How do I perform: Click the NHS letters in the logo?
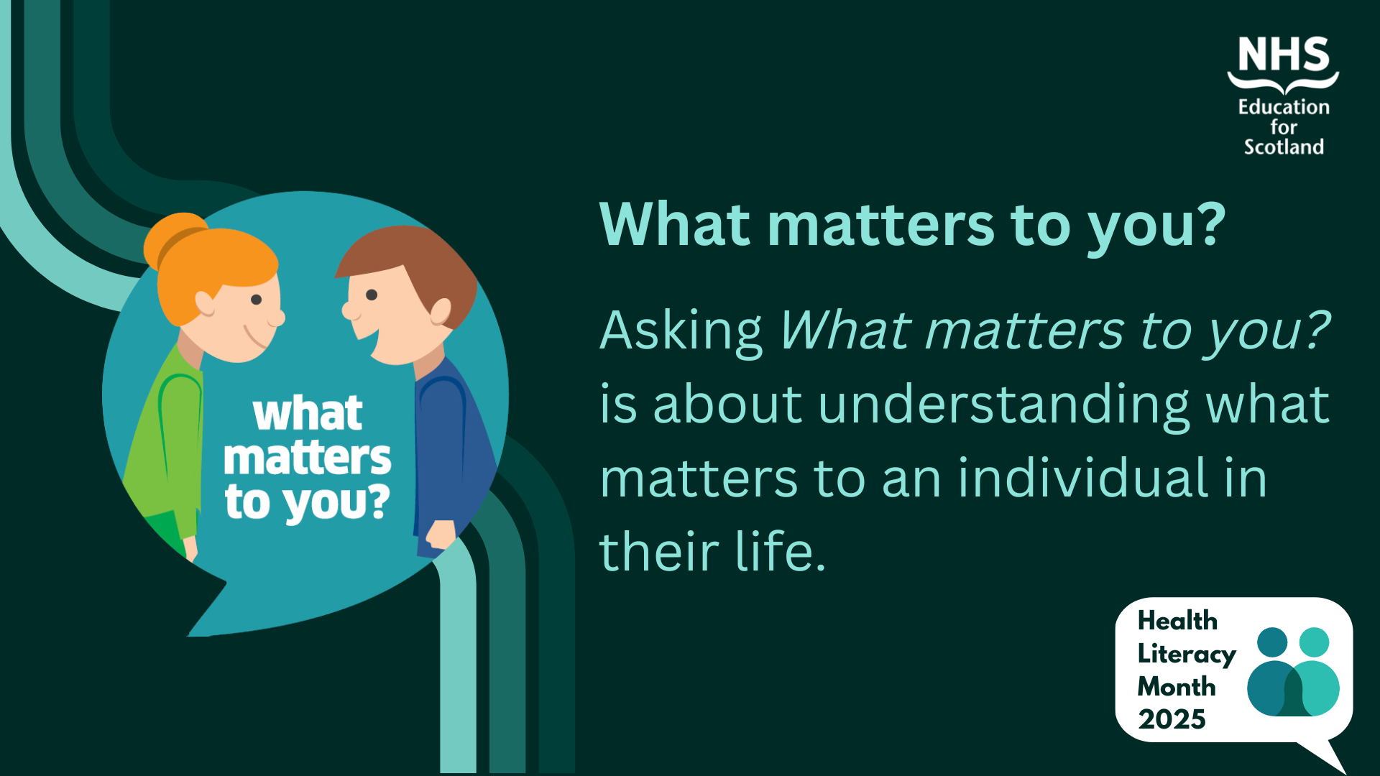pyautogui.click(x=1284, y=55)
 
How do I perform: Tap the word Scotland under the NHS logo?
pyautogui.click(x=1284, y=147)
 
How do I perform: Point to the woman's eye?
pyautogui.click(x=256, y=300)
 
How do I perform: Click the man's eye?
pyautogui.click(x=372, y=295)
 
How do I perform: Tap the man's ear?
pyautogui.click(x=440, y=312)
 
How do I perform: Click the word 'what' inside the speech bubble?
pyautogui.click(x=308, y=414)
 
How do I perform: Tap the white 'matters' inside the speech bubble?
pyautogui.click(x=308, y=458)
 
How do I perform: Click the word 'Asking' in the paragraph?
pyautogui.click(x=681, y=332)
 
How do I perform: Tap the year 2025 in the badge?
pyautogui.click(x=1172, y=719)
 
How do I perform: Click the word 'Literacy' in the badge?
pyautogui.click(x=1187, y=655)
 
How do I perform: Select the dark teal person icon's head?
pyautogui.click(x=1272, y=642)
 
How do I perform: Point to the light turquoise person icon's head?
pyautogui.click(x=1315, y=642)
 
